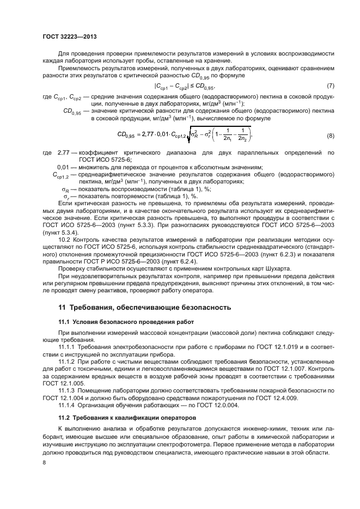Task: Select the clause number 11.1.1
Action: pyautogui.click(x=68, y=347)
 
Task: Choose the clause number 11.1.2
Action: pyautogui.click(x=68, y=361)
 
